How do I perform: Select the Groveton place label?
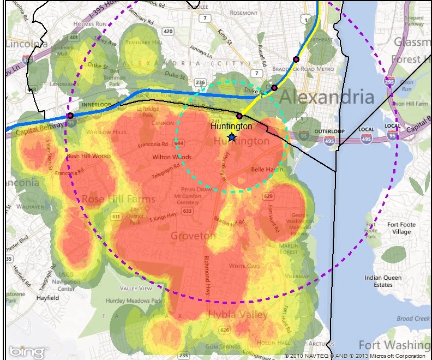(x=193, y=236)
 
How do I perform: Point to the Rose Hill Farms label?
(x=118, y=199)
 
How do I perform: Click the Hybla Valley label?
(x=237, y=315)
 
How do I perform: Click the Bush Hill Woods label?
(x=88, y=156)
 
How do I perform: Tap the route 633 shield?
(x=188, y=211)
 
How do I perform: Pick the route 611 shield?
(x=116, y=217)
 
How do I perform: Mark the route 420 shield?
(x=167, y=31)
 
